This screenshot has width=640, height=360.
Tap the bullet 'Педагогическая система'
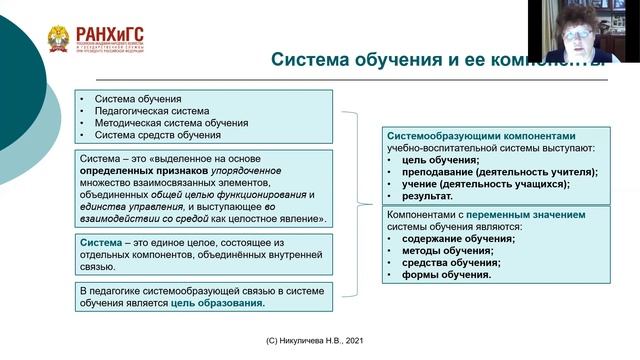coord(152,111)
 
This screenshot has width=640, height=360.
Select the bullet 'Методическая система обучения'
coord(171,123)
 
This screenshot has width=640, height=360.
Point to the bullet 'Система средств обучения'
coord(157,135)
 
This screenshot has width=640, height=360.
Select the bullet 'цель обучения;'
coord(440,160)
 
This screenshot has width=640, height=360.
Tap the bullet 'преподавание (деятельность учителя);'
coord(499,172)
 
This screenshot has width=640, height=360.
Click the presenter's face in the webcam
coord(577,32)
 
